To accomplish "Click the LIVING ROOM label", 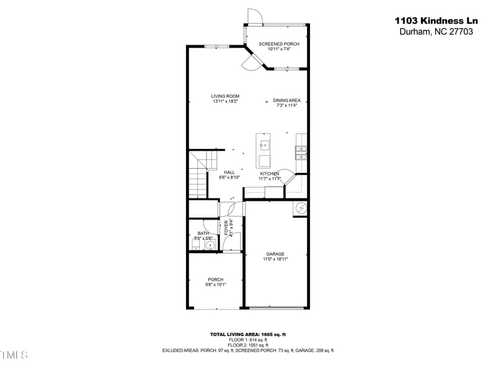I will click(225, 96).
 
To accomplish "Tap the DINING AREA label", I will click(286, 100).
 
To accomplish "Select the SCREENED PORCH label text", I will click(279, 44).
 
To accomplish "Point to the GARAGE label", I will click(275, 254).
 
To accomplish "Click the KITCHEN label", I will click(269, 174).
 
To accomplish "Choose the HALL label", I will click(229, 172).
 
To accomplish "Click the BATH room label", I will click(203, 234).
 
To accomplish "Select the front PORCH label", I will click(215, 280).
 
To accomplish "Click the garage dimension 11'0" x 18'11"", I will click(275, 260).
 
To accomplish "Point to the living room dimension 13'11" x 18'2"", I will click(225, 101).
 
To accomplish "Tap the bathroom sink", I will click(210, 246).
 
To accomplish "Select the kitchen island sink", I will click(264, 147).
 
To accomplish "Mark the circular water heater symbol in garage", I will click(301, 208).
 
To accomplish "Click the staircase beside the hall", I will click(197, 177).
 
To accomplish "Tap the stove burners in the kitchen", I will click(301, 153).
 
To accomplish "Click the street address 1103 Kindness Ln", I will click(436, 20).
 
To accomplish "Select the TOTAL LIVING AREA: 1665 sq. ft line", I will click(247, 335).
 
